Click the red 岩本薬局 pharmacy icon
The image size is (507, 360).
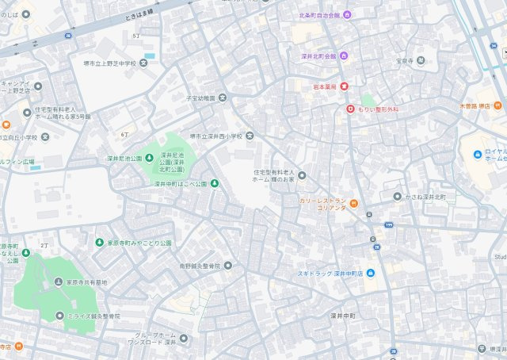pyautogui.click(x=345, y=86)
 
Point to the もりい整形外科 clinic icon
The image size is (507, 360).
pyautogui.click(x=350, y=108)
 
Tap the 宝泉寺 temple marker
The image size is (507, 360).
pyautogui.click(x=420, y=59)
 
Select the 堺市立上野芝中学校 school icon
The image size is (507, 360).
pyautogui.click(x=143, y=63)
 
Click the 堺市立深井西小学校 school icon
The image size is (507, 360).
pyautogui.click(x=250, y=136)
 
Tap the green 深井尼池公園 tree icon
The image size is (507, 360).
pyautogui.click(x=148, y=158)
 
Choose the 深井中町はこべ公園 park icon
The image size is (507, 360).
pyautogui.click(x=214, y=184)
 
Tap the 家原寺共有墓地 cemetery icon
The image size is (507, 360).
pyautogui.click(x=59, y=281)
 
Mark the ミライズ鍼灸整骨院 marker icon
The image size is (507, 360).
pyautogui.click(x=59, y=316)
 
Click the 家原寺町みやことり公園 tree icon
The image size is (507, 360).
pyautogui.click(x=100, y=243)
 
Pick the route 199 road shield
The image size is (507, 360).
pyautogui.click(x=389, y=225)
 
